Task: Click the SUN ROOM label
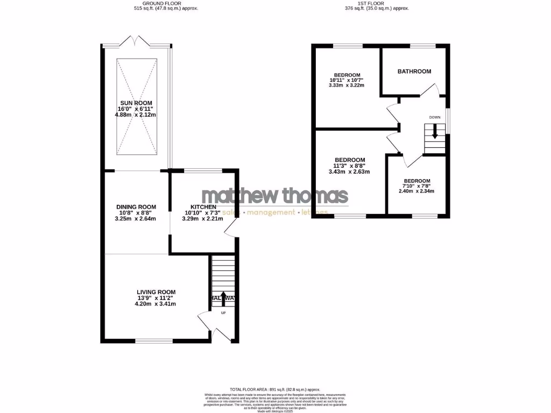coord(136,103)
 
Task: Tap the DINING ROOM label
coord(136,207)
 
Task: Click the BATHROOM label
coord(414,72)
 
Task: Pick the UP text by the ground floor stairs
coord(223,312)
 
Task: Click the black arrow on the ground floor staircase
coord(223,297)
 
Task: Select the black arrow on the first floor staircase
coord(435,132)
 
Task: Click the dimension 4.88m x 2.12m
coord(137,115)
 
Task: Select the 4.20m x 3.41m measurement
coord(156,304)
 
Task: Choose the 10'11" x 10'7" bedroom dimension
coord(347,80)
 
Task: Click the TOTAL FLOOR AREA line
coord(275,389)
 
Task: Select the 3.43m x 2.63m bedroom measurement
coord(350,172)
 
